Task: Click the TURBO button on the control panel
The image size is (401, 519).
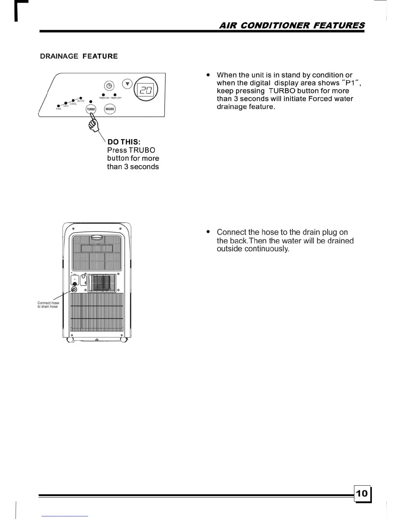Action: point(91,109)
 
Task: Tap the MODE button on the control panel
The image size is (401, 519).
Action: point(110,109)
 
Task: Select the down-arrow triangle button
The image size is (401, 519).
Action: point(127,84)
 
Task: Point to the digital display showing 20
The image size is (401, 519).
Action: point(146,89)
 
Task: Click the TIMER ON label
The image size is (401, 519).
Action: point(104,98)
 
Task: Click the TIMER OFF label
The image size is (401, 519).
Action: point(116,98)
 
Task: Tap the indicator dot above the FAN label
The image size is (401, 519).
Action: point(58,106)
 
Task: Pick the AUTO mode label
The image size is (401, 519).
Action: point(81,101)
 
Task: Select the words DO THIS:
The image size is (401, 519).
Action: point(124,142)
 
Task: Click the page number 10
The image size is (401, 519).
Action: point(362,493)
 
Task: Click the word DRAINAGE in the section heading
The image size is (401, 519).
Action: point(59,56)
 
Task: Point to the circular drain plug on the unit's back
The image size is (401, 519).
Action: point(74,290)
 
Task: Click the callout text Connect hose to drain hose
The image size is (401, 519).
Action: point(48,305)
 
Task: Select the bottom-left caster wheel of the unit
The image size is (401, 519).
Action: point(70,340)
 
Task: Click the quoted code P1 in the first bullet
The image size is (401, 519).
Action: point(350,83)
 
